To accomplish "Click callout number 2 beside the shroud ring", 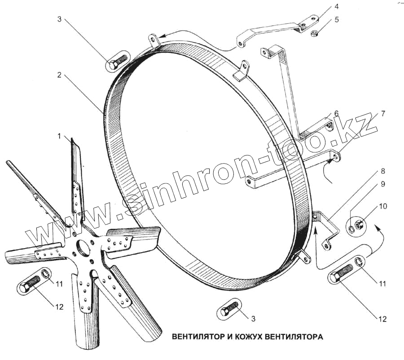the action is pos(59,76).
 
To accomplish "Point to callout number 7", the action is pos(382,113).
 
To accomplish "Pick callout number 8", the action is pos(382,171).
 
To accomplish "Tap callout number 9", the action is pos(382,184).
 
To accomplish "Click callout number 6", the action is pos(335,113).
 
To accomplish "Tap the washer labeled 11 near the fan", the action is pos(45,273).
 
